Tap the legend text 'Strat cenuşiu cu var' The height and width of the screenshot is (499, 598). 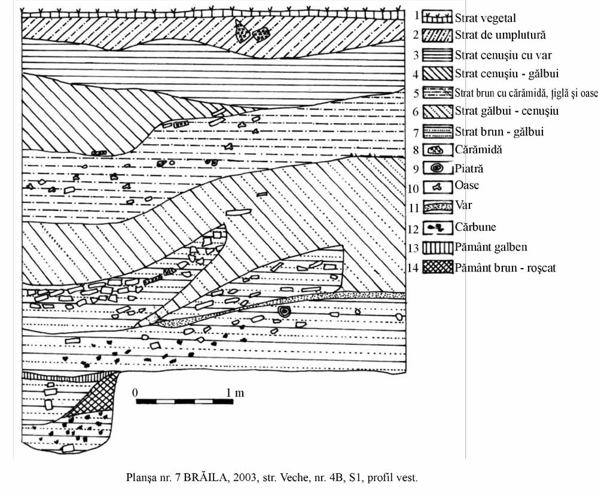click(x=503, y=55)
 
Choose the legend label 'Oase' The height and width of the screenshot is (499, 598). click(x=466, y=185)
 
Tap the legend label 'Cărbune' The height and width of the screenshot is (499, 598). click(x=475, y=227)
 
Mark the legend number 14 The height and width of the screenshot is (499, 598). click(x=412, y=267)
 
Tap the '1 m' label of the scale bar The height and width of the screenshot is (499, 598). click(x=235, y=392)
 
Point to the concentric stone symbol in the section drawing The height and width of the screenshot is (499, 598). click(x=284, y=312)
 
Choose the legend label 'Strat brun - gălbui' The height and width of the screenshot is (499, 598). click(x=499, y=131)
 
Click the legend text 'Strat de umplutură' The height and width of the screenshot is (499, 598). click(x=500, y=35)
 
